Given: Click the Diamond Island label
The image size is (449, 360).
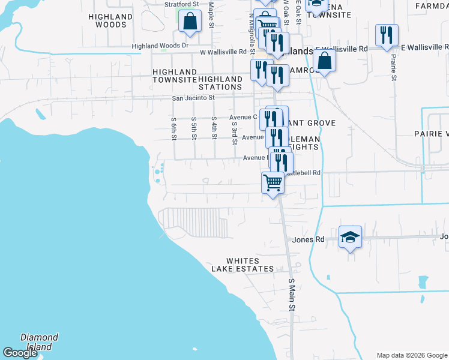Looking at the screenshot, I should pos(39,342).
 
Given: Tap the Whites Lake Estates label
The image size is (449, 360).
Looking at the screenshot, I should pos(250,265).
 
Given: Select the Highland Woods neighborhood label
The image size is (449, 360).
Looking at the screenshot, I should pos(110,20).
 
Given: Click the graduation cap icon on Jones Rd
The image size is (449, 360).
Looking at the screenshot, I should pos(351,238).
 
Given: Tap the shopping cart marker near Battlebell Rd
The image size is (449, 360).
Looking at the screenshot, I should pos(273,182).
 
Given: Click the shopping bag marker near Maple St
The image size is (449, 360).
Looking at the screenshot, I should pos(190,22).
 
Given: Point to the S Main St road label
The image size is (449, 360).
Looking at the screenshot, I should pos(292,294).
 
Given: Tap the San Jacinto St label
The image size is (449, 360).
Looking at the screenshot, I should pos(193,98).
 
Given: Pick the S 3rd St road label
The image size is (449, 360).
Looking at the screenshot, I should pos(234,133).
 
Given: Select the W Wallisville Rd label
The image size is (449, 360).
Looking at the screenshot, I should pos(223,52).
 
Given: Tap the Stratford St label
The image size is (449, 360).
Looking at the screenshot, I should pos(181,4).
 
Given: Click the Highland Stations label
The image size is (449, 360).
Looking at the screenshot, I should pos(220,83).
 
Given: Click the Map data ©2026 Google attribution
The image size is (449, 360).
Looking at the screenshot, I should pos(412,355).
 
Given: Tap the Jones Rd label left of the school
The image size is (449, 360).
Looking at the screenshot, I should pos(308,239).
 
